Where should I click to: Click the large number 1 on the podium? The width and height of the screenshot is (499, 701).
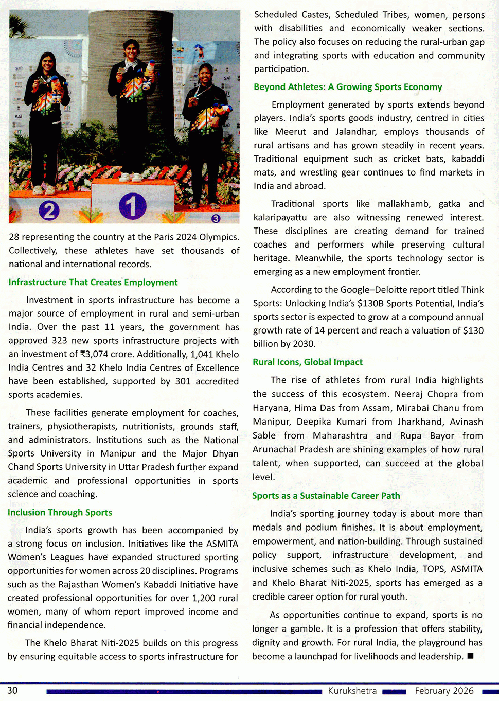132,205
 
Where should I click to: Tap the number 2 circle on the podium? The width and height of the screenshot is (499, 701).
49,211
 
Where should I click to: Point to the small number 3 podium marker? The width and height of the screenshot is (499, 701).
216,218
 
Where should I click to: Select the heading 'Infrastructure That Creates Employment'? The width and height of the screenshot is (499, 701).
93,282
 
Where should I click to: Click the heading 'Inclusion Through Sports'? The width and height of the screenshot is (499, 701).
60,512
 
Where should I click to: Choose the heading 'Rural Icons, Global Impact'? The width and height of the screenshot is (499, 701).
308,362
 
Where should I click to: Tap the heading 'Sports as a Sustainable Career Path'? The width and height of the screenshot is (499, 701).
326,496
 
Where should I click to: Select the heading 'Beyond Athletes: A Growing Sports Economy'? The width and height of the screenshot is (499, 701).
348,87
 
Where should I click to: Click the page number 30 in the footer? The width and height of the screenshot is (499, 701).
12,690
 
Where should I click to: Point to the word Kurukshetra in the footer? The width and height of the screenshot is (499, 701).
352,691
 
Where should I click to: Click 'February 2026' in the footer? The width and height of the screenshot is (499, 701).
444,691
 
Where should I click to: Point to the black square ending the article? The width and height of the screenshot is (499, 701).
470,656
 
